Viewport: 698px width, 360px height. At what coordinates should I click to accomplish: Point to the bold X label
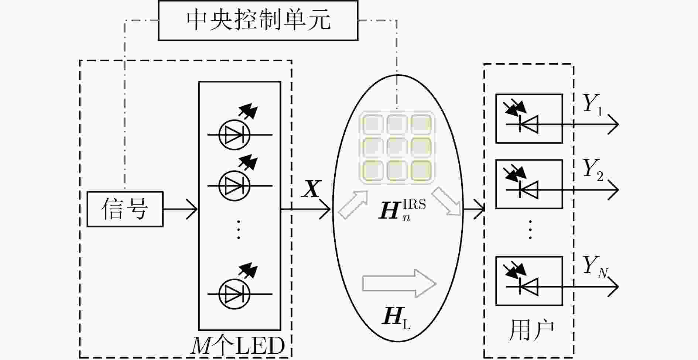[x=311, y=189]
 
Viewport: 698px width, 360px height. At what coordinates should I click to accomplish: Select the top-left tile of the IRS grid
[x=373, y=124]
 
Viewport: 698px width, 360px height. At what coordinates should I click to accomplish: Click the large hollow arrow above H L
[x=400, y=284]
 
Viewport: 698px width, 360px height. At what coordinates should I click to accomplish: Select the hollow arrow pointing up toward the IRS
[x=353, y=205]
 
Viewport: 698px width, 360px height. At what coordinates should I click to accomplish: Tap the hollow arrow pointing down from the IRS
[x=447, y=201]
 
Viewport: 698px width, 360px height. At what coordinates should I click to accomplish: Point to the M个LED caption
[x=237, y=346]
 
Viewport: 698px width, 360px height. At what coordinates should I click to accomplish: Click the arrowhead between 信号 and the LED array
[x=192, y=209]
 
